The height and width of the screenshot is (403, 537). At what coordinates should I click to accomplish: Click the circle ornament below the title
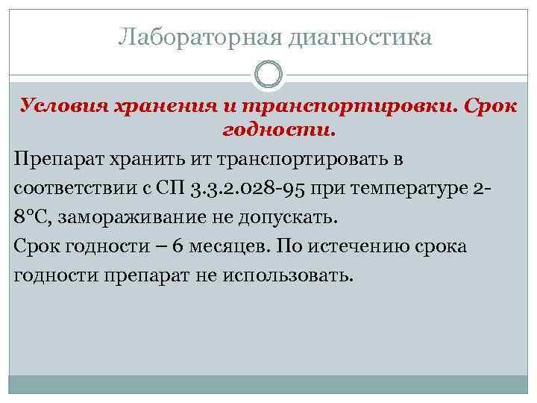[268, 75]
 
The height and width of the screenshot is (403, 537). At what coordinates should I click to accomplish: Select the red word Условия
[63, 104]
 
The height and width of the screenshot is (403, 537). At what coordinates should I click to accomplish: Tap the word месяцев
[206, 246]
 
